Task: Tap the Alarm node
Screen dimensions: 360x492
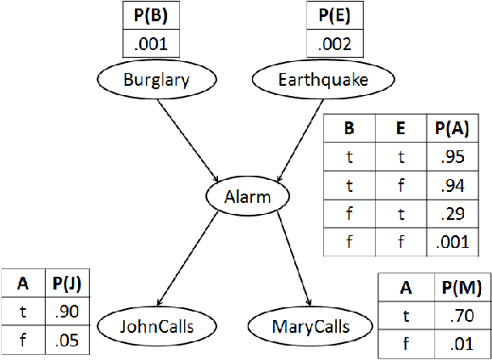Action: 249,197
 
